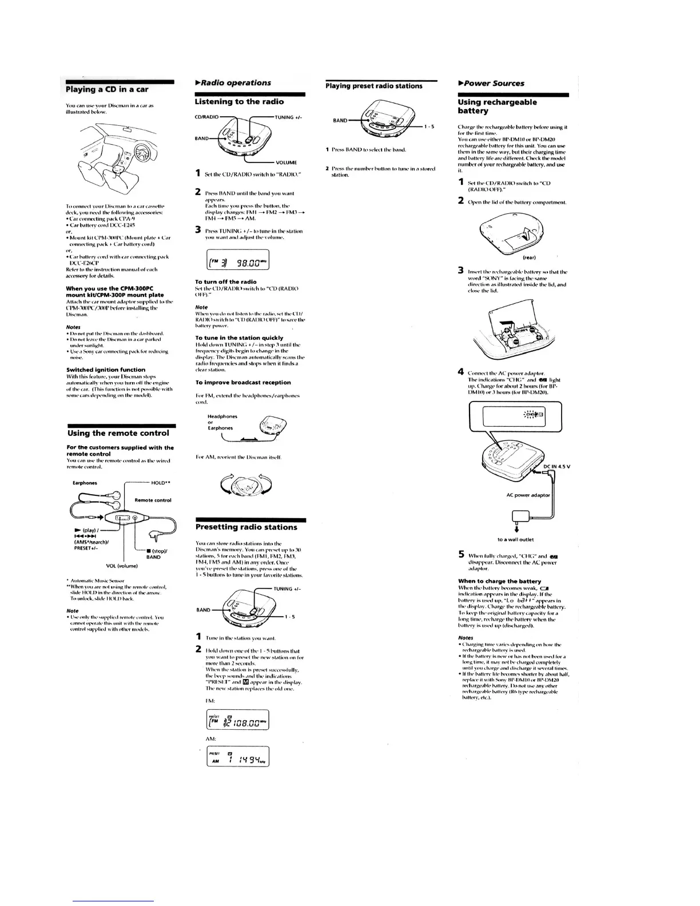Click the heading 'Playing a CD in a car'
(x=108, y=89)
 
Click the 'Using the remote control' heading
(x=118, y=434)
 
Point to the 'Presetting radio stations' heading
(x=246, y=527)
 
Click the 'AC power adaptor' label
(x=528, y=495)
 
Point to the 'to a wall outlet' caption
(x=515, y=539)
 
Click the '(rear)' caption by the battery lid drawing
(x=529, y=257)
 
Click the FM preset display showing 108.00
(x=237, y=719)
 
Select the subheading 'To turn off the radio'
(x=225, y=282)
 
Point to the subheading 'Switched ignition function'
(x=106, y=369)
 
